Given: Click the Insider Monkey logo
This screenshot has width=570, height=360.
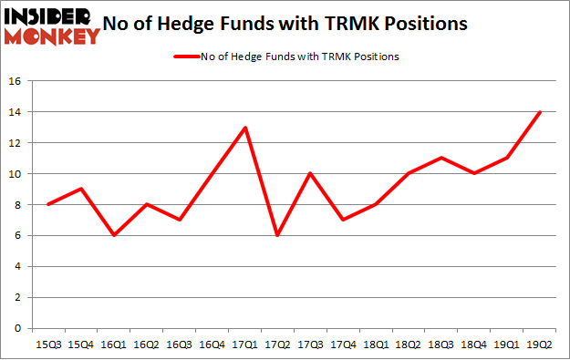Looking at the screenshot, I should (52, 25).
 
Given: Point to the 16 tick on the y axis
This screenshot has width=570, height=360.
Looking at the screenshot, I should (15, 81).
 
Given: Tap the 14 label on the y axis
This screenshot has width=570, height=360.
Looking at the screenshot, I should (15, 112).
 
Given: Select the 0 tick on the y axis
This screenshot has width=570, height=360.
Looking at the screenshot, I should (18, 328).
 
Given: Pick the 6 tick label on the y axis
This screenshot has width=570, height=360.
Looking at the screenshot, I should (18, 235).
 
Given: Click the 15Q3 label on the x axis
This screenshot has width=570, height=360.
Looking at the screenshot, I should (47, 345).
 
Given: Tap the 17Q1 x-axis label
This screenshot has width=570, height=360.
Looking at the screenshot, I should (244, 345).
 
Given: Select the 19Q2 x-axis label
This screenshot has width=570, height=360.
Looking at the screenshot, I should (541, 345).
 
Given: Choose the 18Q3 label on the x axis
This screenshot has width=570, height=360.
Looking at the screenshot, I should (442, 345).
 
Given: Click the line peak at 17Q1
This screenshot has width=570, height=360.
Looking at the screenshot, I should (244, 128).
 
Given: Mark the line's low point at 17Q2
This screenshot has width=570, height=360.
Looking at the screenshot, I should (277, 235).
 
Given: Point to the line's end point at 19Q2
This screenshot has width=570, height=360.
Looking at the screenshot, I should (541, 112).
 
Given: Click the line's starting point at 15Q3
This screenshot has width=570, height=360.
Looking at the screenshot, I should (47, 204).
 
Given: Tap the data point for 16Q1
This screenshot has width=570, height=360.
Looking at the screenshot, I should (112, 235).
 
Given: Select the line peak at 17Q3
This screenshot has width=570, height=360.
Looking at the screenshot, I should (310, 173).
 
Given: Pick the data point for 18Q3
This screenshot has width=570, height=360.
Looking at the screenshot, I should (442, 158).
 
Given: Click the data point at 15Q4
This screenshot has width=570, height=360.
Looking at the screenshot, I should (79, 189).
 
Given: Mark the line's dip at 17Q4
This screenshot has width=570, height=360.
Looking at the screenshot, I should (343, 220).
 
